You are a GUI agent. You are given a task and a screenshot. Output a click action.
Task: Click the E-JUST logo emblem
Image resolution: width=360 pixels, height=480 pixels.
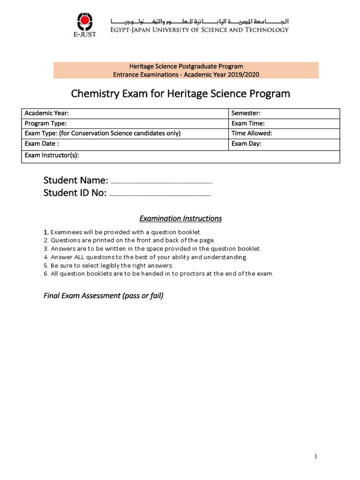click(x=85, y=22)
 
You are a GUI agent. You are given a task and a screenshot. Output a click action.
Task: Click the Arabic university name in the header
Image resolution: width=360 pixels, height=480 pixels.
click(x=199, y=21)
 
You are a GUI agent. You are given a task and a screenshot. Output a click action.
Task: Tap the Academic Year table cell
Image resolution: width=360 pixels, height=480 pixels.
click(x=125, y=113)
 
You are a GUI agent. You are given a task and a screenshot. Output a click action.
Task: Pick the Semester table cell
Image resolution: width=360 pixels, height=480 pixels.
click(x=284, y=113)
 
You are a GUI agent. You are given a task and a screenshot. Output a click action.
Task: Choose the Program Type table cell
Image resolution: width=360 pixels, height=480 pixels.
click(x=125, y=123)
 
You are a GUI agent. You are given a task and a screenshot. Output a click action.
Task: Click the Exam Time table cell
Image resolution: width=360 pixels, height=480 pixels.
click(x=284, y=123)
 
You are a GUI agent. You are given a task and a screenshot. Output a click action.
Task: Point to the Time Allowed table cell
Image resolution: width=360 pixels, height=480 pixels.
click(x=284, y=133)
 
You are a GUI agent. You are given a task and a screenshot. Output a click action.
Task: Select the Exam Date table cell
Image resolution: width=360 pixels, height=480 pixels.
click(x=125, y=143)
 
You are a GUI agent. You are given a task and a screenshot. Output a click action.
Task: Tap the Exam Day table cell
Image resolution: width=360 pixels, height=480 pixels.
click(x=284, y=143)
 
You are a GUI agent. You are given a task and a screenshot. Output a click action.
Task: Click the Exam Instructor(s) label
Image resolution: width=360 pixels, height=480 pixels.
click(x=52, y=155)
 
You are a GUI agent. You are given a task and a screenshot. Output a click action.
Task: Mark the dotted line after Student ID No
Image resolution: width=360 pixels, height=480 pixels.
click(x=160, y=194)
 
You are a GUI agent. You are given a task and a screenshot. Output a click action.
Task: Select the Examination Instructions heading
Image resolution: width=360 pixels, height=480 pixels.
click(x=180, y=218)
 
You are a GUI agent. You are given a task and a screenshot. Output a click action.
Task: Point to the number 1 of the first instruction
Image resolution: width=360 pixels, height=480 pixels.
click(x=46, y=232)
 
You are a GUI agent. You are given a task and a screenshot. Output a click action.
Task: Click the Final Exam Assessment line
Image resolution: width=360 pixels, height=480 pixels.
click(x=104, y=296)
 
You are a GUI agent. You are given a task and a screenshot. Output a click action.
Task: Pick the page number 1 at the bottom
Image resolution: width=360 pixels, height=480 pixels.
click(x=316, y=457)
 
